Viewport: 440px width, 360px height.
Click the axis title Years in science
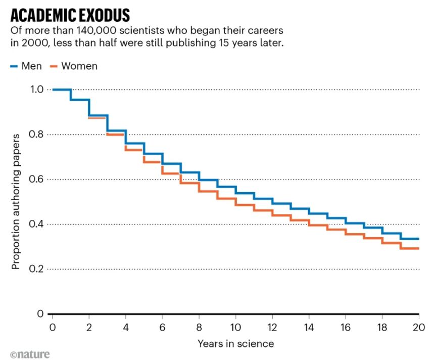tap(235, 344)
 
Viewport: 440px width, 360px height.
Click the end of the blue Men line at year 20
tap(418, 239)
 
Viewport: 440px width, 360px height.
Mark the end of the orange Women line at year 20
tap(418, 248)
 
